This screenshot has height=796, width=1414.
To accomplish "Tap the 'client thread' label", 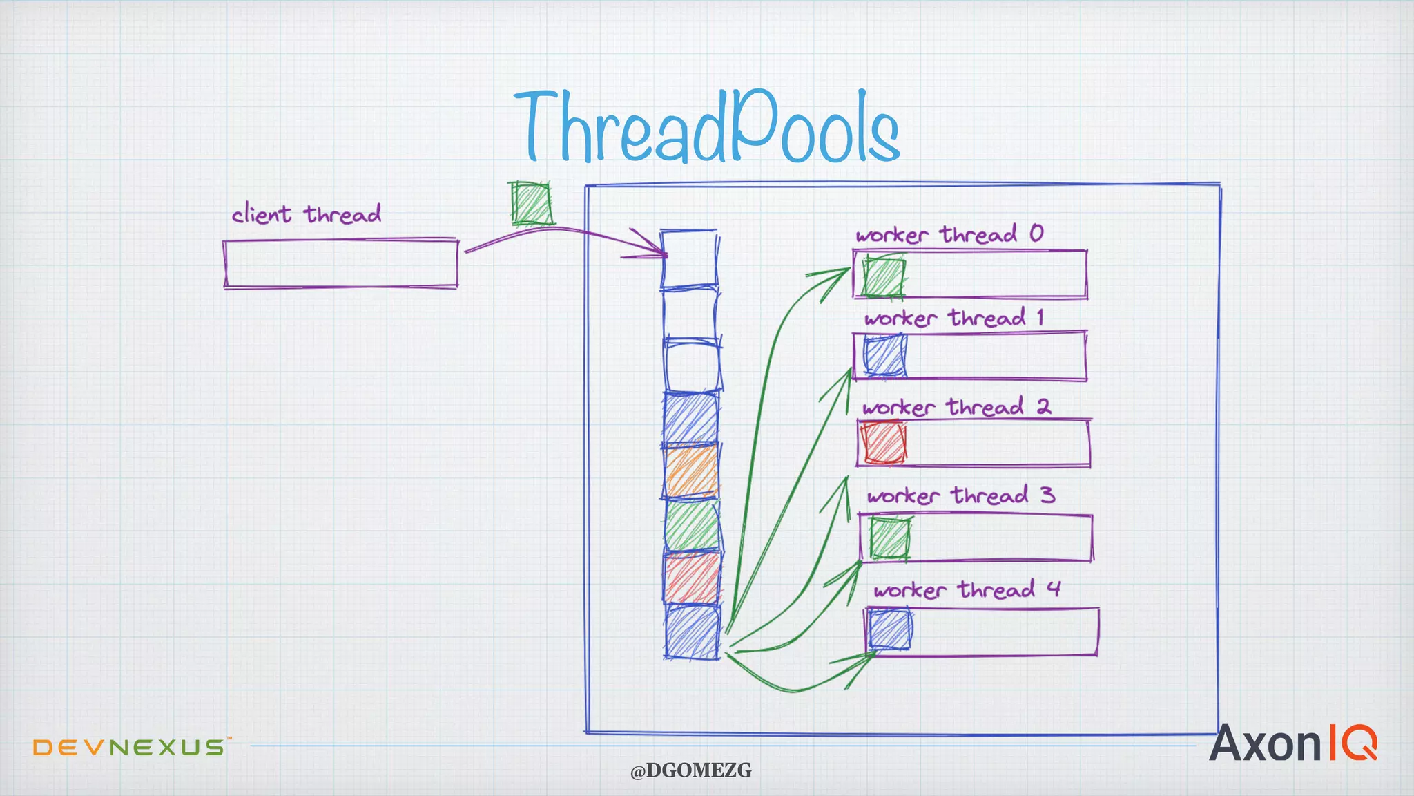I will (306, 214).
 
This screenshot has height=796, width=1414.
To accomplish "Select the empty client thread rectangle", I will (340, 263).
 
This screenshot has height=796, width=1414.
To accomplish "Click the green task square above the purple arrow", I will (532, 203).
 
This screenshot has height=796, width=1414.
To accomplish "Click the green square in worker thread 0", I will (884, 277).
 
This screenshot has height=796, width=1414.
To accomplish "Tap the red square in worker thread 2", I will (883, 443).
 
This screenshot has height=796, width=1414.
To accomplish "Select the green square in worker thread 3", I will (889, 538).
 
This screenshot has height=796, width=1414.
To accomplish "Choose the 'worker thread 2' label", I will (956, 407).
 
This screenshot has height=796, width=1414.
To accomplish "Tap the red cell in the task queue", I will (692, 578).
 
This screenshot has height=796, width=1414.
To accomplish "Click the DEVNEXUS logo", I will (129, 747).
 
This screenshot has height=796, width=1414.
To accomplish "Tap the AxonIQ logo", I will (1292, 743).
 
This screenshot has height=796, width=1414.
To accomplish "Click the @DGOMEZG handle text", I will (690, 770).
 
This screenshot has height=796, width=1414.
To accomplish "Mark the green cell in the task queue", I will (692, 526).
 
